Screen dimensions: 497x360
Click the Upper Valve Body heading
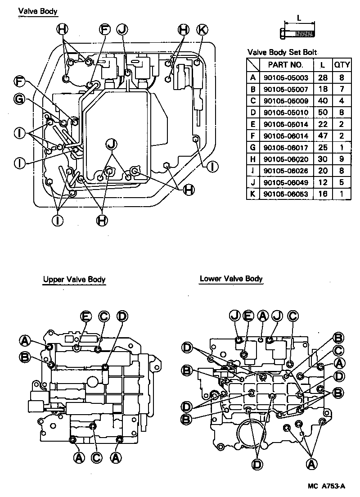(74, 280)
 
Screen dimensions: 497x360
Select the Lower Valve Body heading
(231, 279)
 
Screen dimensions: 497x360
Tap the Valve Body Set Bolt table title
(280, 52)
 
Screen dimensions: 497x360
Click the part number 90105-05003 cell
(286, 77)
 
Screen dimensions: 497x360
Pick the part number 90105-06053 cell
(286, 194)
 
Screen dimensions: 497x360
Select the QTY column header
(342, 64)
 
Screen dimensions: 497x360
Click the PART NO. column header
(286, 64)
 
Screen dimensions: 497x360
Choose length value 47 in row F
(322, 136)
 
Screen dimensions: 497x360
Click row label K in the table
(253, 194)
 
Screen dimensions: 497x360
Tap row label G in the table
(253, 147)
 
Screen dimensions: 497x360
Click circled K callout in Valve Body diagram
(202, 30)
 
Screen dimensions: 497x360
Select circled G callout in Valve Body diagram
(19, 99)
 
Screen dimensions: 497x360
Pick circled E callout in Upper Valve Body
(85, 316)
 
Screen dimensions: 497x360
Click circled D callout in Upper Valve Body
(121, 316)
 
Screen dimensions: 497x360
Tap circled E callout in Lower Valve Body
(247, 316)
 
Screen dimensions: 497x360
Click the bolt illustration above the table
(298, 32)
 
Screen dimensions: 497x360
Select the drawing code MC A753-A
(327, 486)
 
